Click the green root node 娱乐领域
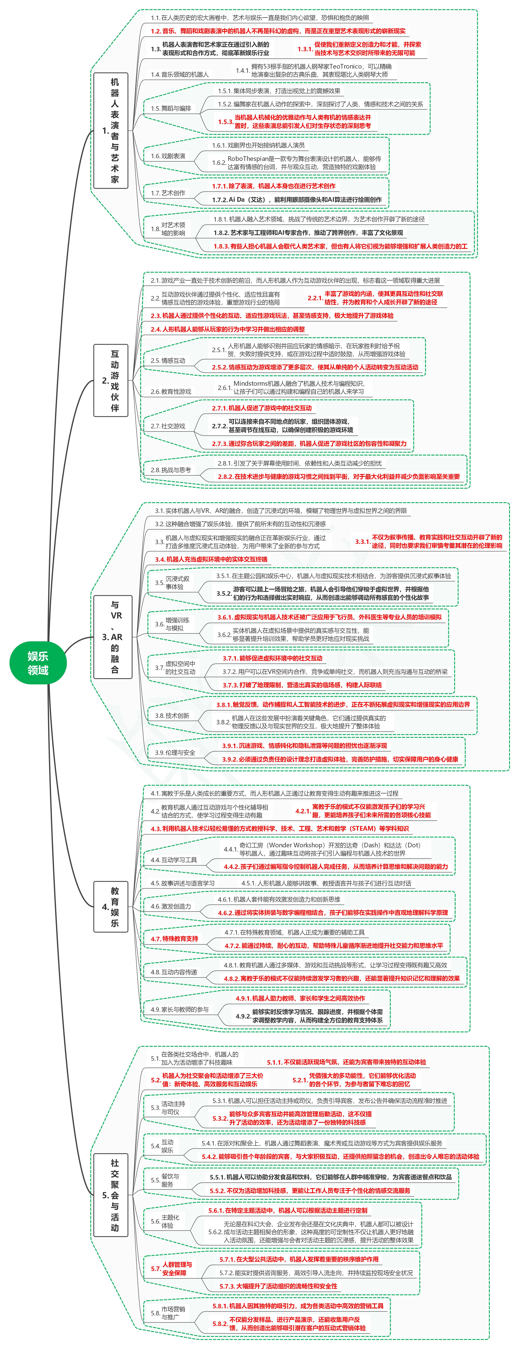point(38,663)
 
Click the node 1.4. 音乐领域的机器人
point(180,74)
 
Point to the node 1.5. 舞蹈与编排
point(171,108)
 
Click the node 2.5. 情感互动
point(168,360)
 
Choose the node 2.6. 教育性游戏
point(171,391)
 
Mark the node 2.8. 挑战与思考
point(171,470)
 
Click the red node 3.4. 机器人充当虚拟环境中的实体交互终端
point(211,559)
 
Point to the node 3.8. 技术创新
point(172,715)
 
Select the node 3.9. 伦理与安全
point(175,753)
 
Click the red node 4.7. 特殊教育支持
point(174,939)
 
